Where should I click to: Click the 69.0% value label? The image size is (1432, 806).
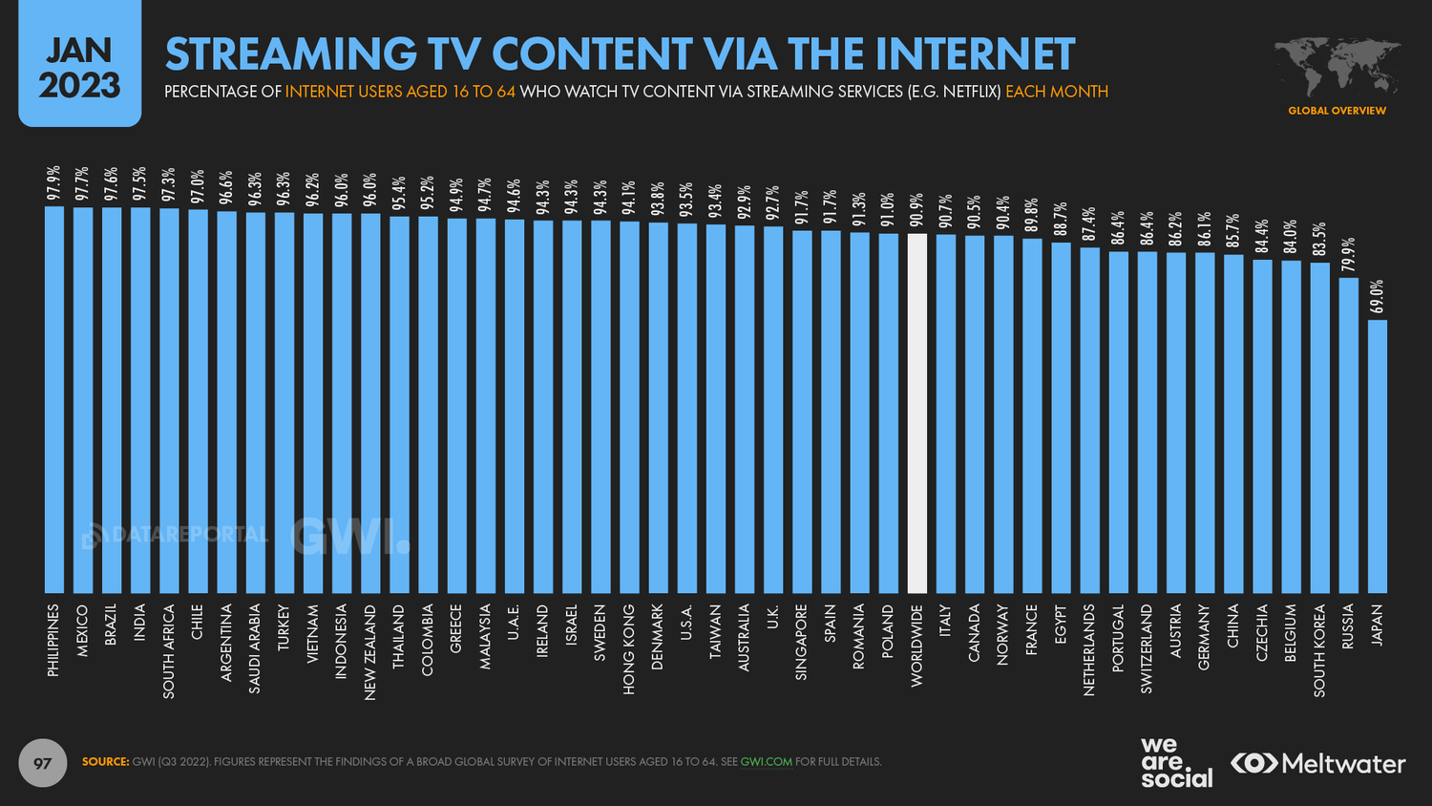point(1377,297)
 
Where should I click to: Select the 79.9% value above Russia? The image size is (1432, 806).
point(1348,255)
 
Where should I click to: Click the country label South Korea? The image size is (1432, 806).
point(1319,650)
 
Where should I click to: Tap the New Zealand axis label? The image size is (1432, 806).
point(370,652)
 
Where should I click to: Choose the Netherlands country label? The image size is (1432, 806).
point(1089,649)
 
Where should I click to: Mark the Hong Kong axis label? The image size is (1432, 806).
point(629,649)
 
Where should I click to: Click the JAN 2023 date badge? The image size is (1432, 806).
point(79,67)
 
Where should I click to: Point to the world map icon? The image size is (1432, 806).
point(1337,67)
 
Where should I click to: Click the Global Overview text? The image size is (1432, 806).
point(1337,111)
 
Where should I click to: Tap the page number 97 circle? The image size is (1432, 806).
point(42,763)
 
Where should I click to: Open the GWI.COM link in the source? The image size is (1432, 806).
point(766,762)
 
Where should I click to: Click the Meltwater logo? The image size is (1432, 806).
point(1317,764)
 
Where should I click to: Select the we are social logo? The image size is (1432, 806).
point(1175,762)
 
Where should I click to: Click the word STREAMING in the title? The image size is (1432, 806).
point(291,54)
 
